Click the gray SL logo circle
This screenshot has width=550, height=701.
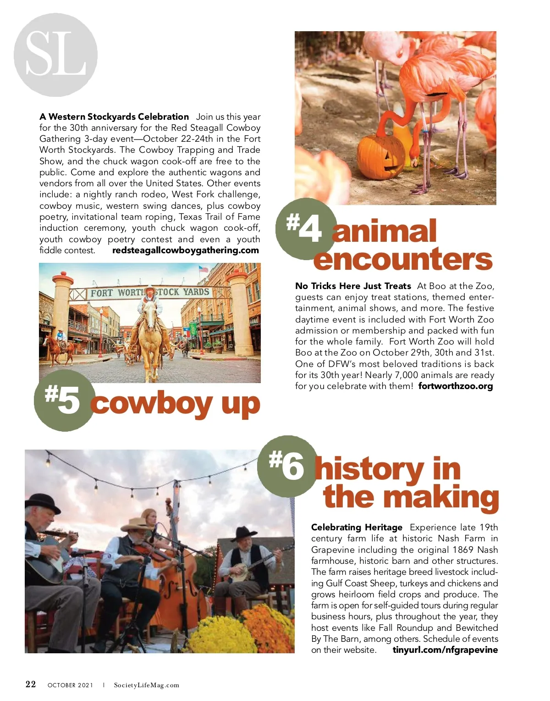tap(55, 55)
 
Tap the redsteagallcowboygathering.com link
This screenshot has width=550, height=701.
tap(186, 250)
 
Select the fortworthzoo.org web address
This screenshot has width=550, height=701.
tap(456, 386)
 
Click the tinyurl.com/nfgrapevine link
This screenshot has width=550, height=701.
tap(445, 650)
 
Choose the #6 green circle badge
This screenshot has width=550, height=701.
tap(287, 466)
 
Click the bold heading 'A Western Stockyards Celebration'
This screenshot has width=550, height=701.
tap(114, 117)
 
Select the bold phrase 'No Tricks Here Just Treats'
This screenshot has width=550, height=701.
tap(353, 286)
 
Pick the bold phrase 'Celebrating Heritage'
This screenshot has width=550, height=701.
tap(357, 528)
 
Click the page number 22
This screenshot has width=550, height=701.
tap(31, 684)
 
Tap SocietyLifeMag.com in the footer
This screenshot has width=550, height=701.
tap(147, 685)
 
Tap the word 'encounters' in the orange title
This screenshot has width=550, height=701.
tap(403, 259)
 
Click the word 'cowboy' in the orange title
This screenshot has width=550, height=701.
tap(151, 404)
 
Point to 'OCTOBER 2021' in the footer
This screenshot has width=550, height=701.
tap(70, 685)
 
